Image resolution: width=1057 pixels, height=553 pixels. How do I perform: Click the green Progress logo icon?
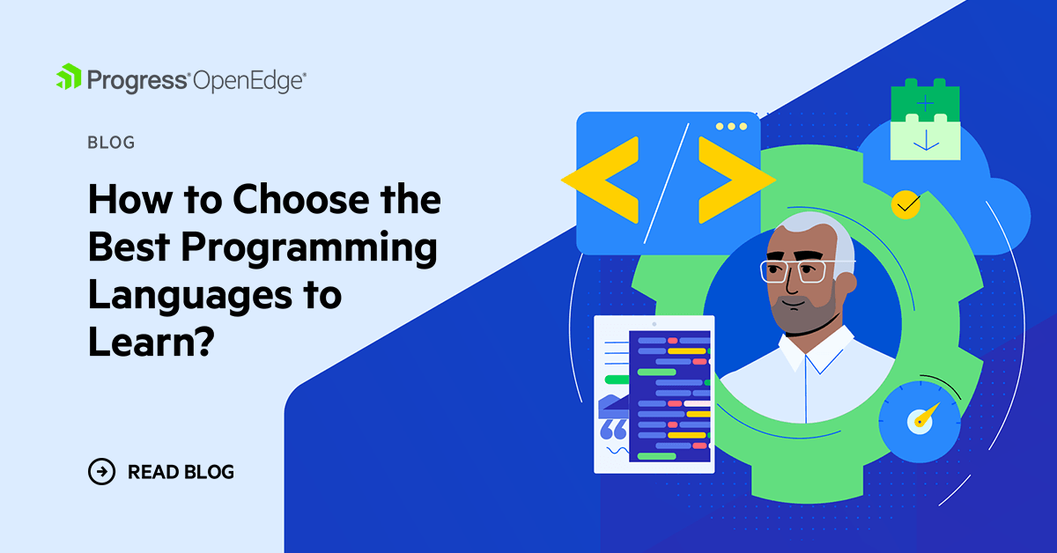(69, 77)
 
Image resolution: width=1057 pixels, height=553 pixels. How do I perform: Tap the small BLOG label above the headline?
(111, 143)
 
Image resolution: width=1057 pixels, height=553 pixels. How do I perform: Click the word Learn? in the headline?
(152, 343)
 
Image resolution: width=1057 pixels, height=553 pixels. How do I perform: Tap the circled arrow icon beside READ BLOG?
(102, 472)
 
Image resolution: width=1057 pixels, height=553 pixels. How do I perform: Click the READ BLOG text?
(181, 472)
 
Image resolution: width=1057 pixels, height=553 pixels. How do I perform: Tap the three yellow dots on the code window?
(731, 126)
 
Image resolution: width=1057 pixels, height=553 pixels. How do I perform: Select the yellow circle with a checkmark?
(905, 204)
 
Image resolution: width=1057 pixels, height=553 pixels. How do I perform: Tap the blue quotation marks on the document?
(613, 430)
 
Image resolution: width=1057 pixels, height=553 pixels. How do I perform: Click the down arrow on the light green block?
(926, 140)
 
